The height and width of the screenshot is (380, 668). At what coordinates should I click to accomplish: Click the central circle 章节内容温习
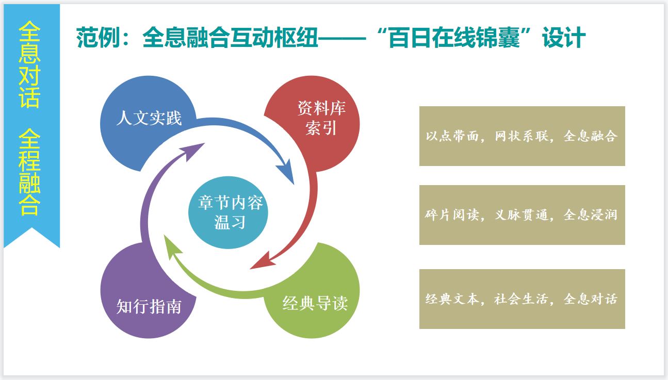click(x=229, y=212)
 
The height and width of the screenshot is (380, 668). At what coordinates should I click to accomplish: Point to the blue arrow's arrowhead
click(x=286, y=172)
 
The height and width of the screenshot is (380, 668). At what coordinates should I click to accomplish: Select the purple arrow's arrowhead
click(x=192, y=151)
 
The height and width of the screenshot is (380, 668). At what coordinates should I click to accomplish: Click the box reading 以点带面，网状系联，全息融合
click(x=522, y=136)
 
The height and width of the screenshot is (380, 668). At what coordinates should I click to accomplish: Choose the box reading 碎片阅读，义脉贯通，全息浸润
click(x=522, y=215)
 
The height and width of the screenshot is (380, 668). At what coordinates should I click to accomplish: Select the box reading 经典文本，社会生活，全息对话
click(x=522, y=299)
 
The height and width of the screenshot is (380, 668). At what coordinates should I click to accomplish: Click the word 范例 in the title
click(x=98, y=38)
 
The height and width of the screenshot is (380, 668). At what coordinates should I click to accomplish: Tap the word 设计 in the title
click(x=564, y=38)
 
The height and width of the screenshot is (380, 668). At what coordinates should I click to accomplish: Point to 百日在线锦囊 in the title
click(x=454, y=38)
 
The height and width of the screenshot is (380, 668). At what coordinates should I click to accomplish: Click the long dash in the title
click(x=342, y=38)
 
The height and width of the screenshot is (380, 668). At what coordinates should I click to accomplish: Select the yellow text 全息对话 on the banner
click(x=29, y=64)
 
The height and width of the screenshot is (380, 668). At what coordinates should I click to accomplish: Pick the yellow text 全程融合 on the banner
click(x=29, y=172)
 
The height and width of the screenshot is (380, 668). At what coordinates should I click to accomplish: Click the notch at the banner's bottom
click(x=32, y=228)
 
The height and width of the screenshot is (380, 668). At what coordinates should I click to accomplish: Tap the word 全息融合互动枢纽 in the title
click(x=230, y=38)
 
